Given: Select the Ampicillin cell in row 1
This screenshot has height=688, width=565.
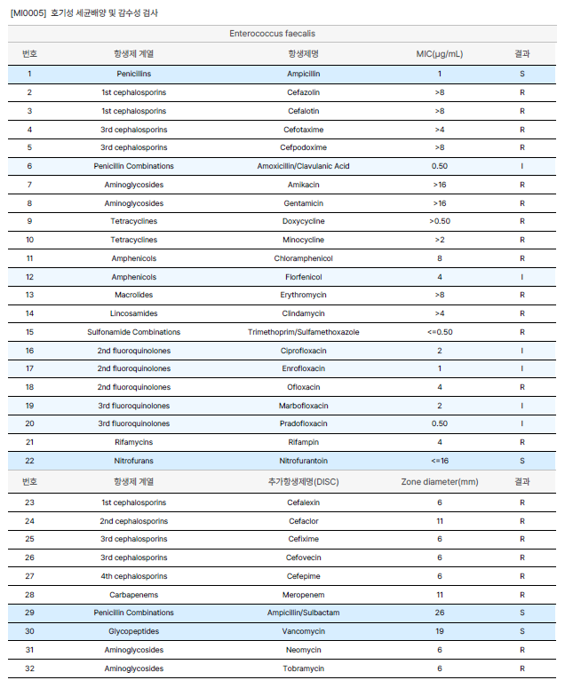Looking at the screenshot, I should pyautogui.click(x=305, y=74).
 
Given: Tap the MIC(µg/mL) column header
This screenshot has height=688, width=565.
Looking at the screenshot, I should pyautogui.click(x=439, y=53).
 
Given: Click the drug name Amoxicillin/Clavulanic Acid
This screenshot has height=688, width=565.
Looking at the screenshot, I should pyautogui.click(x=304, y=166).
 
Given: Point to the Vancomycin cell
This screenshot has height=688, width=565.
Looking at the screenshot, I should pyautogui.click(x=304, y=631).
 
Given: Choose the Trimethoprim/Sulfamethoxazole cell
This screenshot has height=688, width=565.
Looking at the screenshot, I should pyautogui.click(x=304, y=332).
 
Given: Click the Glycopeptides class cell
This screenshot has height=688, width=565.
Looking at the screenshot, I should pyautogui.click(x=133, y=631).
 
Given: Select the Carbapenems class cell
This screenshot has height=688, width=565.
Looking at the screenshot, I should pyautogui.click(x=133, y=595).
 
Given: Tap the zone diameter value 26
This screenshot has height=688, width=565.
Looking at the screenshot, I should pyautogui.click(x=439, y=613).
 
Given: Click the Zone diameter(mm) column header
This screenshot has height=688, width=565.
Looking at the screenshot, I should pyautogui.click(x=439, y=481).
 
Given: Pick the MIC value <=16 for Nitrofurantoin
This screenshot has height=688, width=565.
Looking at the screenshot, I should pyautogui.click(x=439, y=461).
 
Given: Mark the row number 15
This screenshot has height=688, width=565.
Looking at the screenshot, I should pyautogui.click(x=29, y=332).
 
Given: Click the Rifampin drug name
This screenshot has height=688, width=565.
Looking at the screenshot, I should pyautogui.click(x=304, y=442).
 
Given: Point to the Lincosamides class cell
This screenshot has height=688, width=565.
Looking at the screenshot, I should pyautogui.click(x=133, y=313).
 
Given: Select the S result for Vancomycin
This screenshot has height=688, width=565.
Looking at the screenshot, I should pyautogui.click(x=522, y=631).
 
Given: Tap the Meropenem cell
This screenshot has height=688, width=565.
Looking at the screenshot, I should pyautogui.click(x=304, y=595).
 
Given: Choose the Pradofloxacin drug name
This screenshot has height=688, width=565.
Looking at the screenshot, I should pyautogui.click(x=304, y=423).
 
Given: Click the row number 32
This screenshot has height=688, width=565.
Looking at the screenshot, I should pyautogui.click(x=29, y=668).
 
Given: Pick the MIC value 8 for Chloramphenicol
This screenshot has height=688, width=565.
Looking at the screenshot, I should pyautogui.click(x=439, y=258).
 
